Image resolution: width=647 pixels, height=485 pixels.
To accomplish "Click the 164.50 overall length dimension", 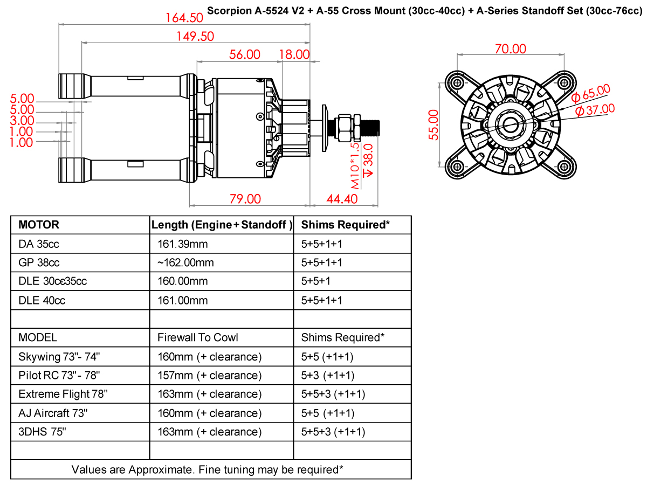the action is point(184,18).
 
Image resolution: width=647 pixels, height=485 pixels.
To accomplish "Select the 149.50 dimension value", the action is point(195,37).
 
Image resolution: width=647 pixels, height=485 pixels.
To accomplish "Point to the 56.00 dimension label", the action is point(245,55).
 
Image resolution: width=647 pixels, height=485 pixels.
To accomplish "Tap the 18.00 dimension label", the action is point(294,55).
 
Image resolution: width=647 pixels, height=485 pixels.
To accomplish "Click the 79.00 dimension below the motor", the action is point(245,199).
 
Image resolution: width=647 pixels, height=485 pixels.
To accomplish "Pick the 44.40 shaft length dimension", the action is point(342,199).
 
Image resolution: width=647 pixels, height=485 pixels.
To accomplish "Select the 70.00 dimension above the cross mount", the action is point(511,49).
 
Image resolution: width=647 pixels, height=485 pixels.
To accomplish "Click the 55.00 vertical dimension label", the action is point(433,125).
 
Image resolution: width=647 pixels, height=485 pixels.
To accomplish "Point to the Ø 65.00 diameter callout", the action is point(590,93).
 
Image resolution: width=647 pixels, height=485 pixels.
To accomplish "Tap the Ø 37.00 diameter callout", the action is point(595,110).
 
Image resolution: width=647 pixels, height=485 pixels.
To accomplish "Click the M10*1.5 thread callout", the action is point(355,166).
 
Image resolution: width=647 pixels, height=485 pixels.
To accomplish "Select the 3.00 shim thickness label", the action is point(22,121).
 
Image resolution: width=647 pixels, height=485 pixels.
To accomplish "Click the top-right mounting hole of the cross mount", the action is point(564,83).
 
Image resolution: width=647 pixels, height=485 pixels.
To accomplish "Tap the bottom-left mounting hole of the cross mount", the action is point(457,167).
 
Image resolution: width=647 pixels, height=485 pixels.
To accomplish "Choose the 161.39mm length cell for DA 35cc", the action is point(182,244).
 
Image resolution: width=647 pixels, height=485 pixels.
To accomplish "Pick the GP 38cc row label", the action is point(39,262).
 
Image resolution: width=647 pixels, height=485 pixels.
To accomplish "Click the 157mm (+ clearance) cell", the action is point(210,376).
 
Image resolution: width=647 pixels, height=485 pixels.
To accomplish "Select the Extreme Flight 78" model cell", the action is point(63,394).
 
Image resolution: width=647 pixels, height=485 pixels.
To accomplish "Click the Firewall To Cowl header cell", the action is point(197,337).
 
